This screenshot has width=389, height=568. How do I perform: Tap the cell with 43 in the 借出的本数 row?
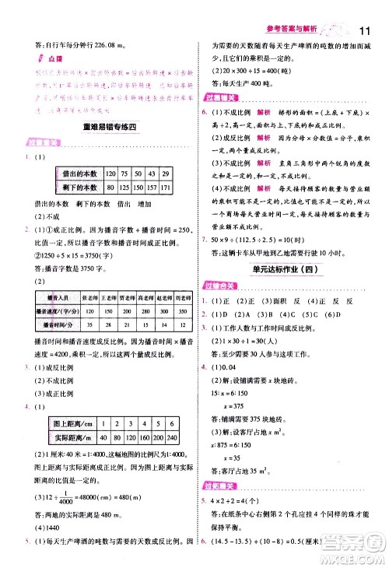[149, 174]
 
